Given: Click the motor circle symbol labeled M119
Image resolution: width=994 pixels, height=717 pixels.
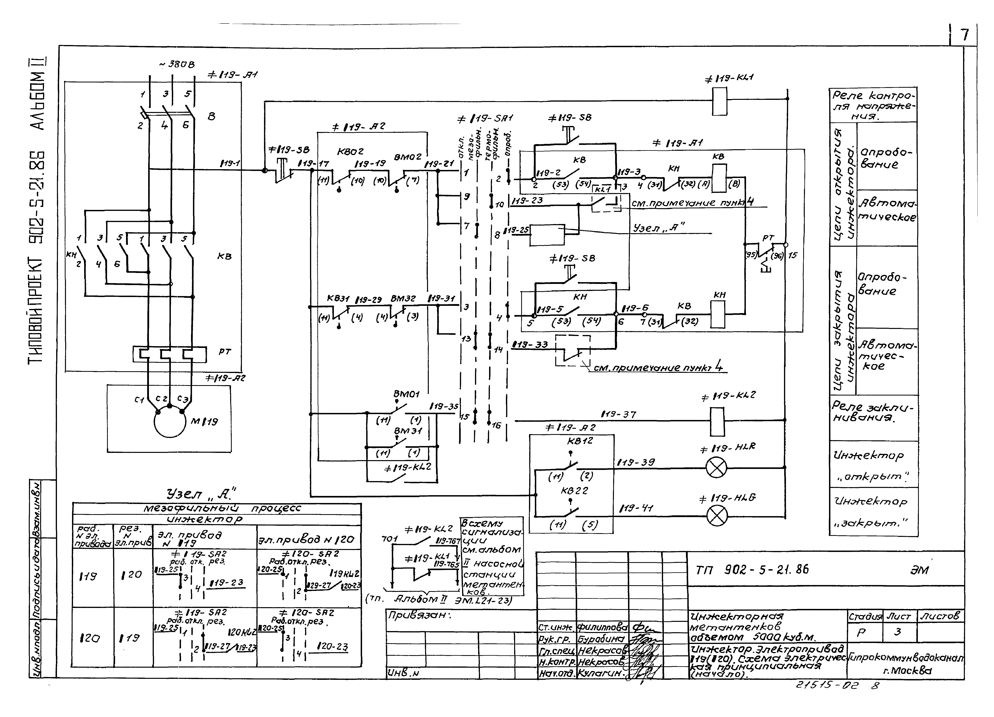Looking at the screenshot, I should (x=170, y=421).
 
